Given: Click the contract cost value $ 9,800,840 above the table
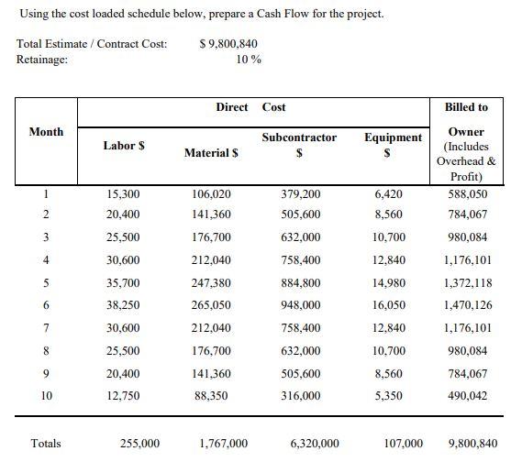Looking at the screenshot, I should tap(228, 43).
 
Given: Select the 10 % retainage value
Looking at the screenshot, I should tap(249, 60).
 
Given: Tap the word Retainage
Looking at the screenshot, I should tap(42, 60).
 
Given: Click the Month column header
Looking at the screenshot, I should tap(47, 132).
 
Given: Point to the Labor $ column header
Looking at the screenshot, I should tap(123, 145).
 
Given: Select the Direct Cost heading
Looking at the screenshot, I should tap(250, 107).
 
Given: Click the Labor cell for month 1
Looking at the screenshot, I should tap(123, 194).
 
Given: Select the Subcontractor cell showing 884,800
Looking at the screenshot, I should tap(301, 283).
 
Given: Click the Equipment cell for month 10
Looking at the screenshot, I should tap(389, 396).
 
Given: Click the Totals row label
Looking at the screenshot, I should tap(46, 444).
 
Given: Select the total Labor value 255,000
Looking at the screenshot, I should tap(139, 444).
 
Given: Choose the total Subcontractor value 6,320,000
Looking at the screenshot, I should tap(314, 444).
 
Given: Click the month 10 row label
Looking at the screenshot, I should tap(47, 396).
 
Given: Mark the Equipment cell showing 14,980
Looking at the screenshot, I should tap(389, 283).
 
